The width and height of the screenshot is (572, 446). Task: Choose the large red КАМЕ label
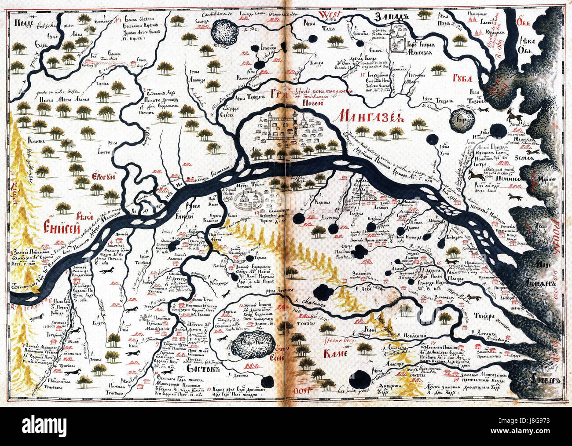click(336, 353)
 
